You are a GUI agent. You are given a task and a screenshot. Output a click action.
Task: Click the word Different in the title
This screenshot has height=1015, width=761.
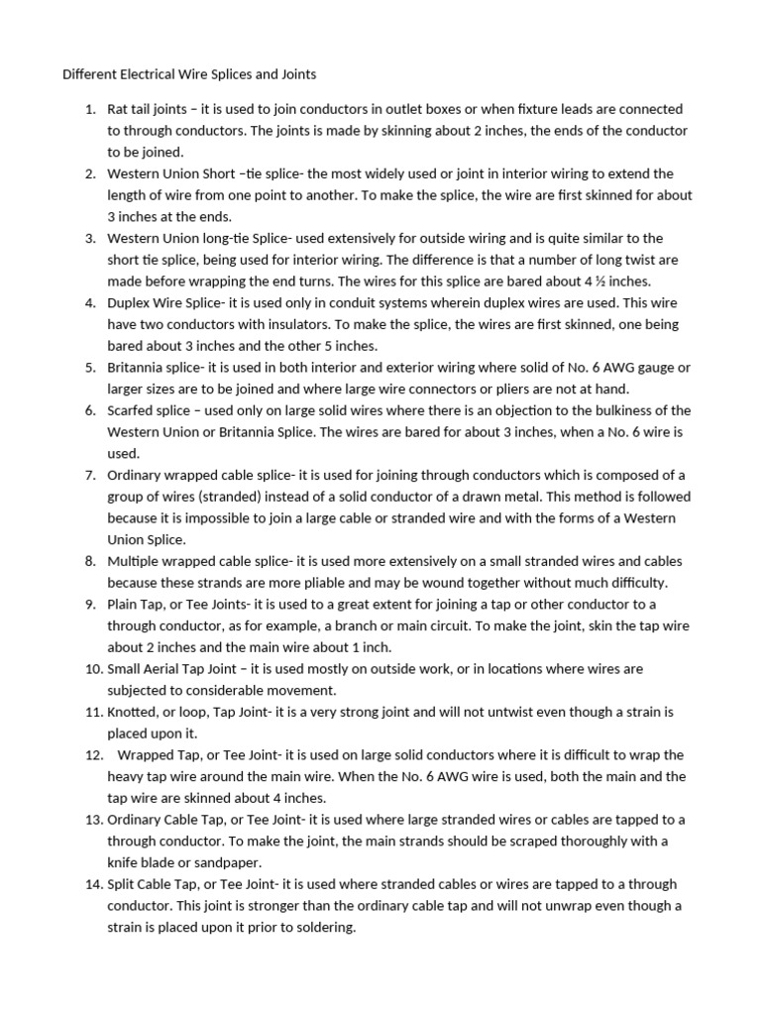click(x=91, y=74)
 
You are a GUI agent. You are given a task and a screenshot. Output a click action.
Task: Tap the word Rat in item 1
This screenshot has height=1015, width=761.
click(x=118, y=109)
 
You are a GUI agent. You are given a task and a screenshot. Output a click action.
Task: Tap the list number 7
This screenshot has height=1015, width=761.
click(x=89, y=475)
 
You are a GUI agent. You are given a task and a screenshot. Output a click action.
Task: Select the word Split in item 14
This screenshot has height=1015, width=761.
click(x=122, y=884)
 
